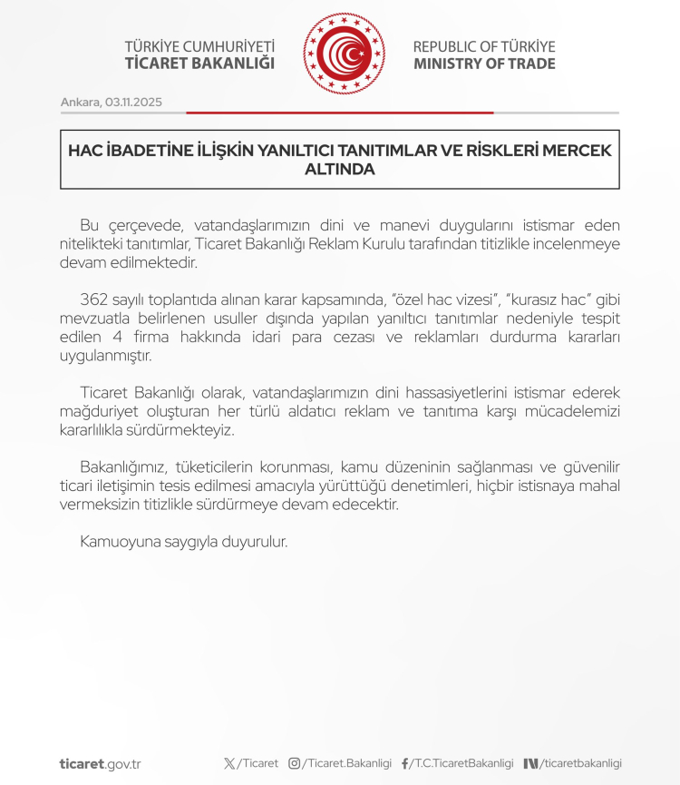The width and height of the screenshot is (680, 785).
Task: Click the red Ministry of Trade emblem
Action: pos(344,54)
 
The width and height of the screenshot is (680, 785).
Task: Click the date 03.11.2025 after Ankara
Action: pos(133,102)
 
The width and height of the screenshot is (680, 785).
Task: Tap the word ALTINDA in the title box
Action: pos(340,169)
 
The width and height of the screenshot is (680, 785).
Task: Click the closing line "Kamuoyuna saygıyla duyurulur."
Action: pos(184,542)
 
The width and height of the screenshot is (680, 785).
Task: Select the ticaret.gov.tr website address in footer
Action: pos(100,763)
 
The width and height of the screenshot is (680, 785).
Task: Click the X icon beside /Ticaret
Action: pos(229,763)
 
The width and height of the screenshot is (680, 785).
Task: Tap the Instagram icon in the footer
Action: pos(294,763)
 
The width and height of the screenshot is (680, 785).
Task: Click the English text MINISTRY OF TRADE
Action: pos(484,64)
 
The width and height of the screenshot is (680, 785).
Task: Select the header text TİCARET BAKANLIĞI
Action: pos(199,64)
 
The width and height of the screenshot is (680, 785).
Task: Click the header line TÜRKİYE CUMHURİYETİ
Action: pos(199,46)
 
